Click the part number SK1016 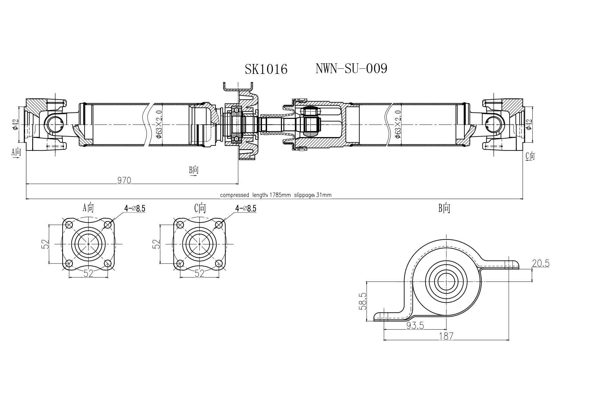[266, 69]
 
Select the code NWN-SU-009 [351, 69]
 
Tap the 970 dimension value [124, 180]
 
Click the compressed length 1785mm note [276, 195]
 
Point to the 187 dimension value [446, 336]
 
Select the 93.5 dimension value [415, 325]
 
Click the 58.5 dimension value [362, 301]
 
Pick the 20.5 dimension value [541, 263]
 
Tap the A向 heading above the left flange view [88, 208]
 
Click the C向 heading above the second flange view [200, 208]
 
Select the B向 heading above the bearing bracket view [444, 208]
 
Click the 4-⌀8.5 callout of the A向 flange [135, 209]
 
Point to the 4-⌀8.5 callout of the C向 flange [246, 209]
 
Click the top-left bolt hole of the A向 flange [69, 224]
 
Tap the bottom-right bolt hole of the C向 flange [219, 263]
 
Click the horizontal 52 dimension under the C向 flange [199, 273]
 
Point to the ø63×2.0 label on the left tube [160, 124]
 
